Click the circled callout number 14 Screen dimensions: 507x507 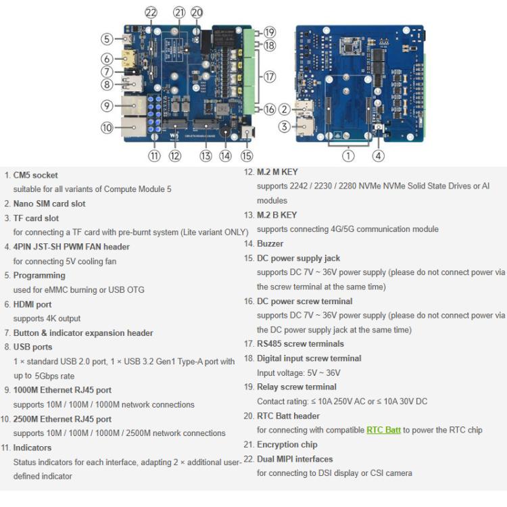click(x=225, y=155)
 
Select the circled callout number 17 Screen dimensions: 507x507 click(x=270, y=76)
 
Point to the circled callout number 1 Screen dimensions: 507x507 click(x=348, y=155)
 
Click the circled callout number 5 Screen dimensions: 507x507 click(x=107, y=39)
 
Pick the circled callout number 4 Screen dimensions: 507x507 click(x=379, y=155)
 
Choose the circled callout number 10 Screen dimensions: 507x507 click(x=107, y=127)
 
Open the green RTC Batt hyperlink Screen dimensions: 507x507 click(x=383, y=430)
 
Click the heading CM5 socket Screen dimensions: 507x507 click(x=35, y=175)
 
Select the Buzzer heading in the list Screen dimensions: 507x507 click(x=270, y=243)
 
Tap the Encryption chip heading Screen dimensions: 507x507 click(x=287, y=444)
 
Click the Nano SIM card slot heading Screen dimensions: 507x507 click(x=49, y=203)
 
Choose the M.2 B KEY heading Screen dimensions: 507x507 click(x=276, y=215)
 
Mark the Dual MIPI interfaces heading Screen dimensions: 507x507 click(x=295, y=459)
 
